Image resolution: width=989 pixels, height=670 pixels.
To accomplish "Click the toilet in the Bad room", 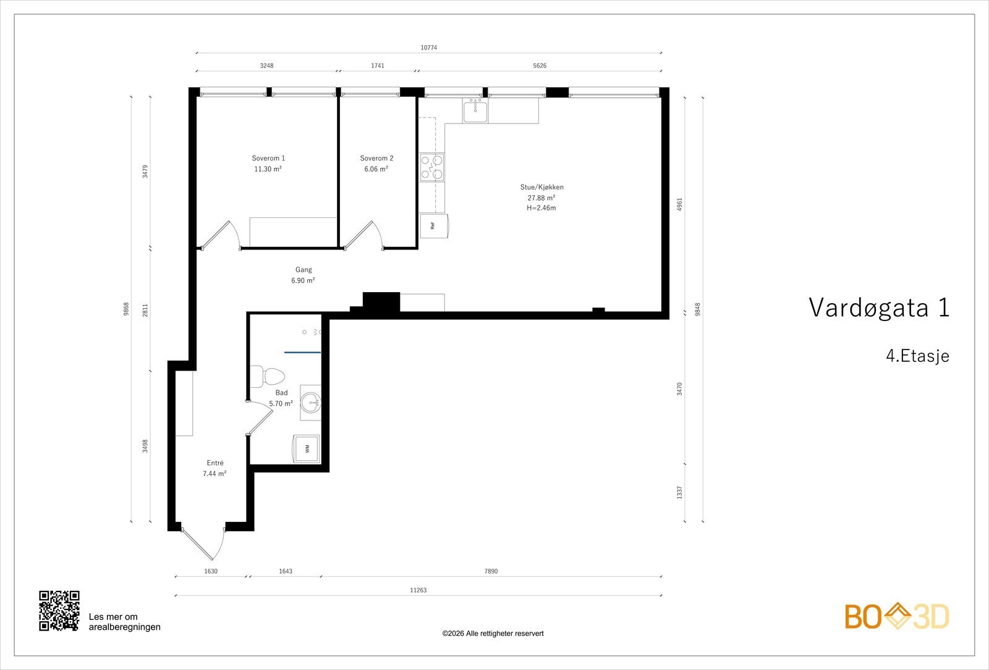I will click(270, 376).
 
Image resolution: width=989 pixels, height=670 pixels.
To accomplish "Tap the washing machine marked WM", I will click(307, 448).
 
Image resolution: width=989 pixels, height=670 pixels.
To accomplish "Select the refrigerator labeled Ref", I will click(433, 225).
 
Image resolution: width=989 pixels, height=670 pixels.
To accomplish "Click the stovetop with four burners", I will click(432, 167).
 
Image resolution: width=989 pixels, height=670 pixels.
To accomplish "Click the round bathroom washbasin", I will click(310, 403).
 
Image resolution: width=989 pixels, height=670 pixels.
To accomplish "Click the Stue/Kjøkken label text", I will click(541, 187).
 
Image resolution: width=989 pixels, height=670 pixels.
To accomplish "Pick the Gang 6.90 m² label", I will click(303, 275).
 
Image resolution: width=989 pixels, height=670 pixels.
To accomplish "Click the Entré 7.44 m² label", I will click(214, 468).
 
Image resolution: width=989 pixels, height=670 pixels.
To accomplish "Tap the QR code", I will click(59, 611).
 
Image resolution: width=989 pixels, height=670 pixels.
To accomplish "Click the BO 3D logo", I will click(897, 616).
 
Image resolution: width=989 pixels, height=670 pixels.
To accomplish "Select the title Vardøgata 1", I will click(878, 308).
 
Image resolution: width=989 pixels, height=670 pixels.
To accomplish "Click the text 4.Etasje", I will click(917, 356).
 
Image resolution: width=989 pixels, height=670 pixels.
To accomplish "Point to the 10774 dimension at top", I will click(429, 48).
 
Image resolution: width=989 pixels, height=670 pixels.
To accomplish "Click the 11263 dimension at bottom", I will click(418, 590).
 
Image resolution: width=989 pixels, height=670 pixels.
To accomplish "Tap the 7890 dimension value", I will click(490, 571).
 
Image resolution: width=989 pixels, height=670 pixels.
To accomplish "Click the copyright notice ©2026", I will click(493, 634).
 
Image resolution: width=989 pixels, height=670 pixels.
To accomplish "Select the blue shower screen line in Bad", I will click(302, 352).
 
